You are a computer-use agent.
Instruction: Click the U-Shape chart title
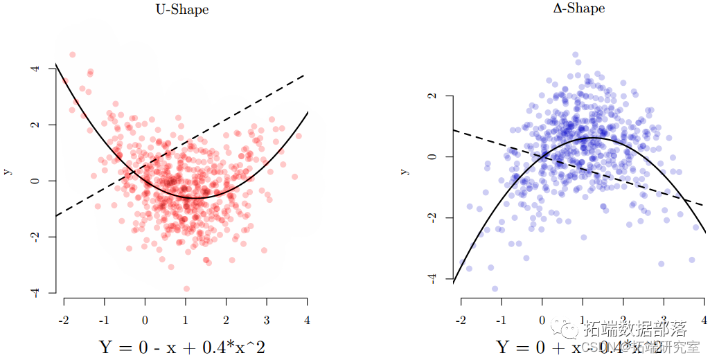(x=182, y=10)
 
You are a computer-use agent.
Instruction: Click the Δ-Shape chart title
(x=579, y=8)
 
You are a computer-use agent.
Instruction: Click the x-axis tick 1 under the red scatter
(x=186, y=321)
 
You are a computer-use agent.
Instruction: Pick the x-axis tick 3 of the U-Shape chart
(x=267, y=321)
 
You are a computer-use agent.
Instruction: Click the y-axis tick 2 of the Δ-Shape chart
(x=430, y=96)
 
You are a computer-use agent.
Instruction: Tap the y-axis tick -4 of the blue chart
(x=430, y=278)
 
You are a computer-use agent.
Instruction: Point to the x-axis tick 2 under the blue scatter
(x=623, y=320)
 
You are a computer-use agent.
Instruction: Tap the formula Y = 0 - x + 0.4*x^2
(x=181, y=345)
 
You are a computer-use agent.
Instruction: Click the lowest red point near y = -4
(x=186, y=289)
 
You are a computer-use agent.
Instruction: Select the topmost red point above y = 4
(x=73, y=55)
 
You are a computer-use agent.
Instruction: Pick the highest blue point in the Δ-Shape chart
(x=575, y=55)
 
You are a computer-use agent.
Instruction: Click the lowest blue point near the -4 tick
(x=495, y=289)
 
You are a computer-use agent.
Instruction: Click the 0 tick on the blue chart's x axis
(x=542, y=320)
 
